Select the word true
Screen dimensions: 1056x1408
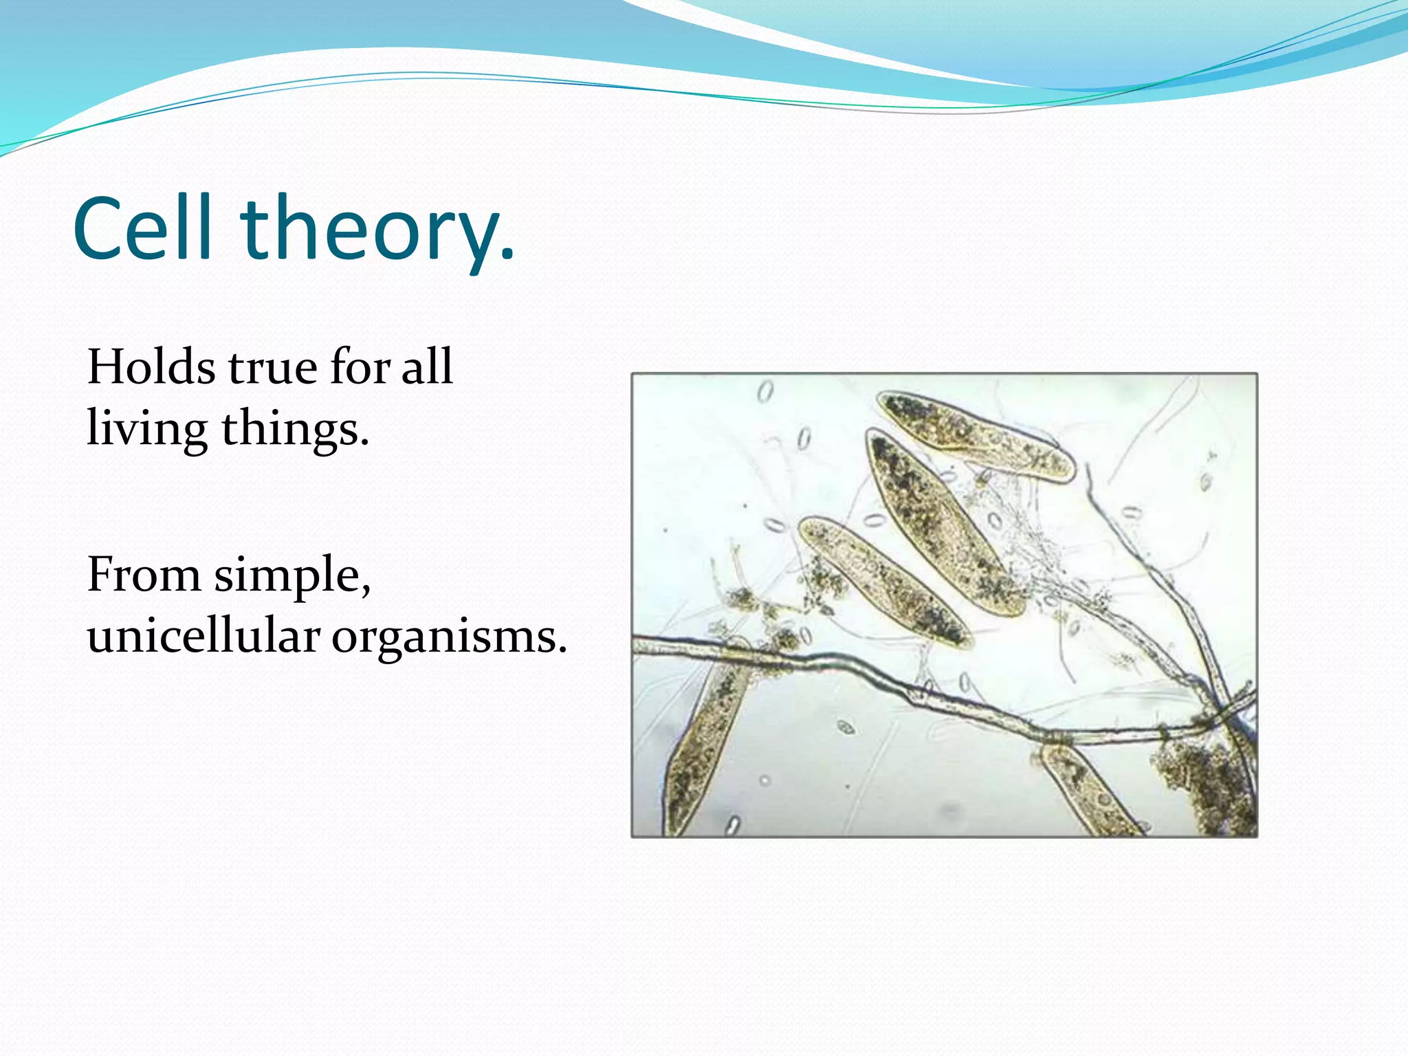pyautogui.click(x=273, y=367)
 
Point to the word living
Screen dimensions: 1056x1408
pyautogui.click(x=146, y=429)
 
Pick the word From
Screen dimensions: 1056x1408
pyautogui.click(x=144, y=574)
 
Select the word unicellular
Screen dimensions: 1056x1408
pyautogui.click(x=203, y=635)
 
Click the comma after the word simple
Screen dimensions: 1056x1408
pyautogui.click(x=365, y=591)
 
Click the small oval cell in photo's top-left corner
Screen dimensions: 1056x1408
pyautogui.click(x=764, y=392)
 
